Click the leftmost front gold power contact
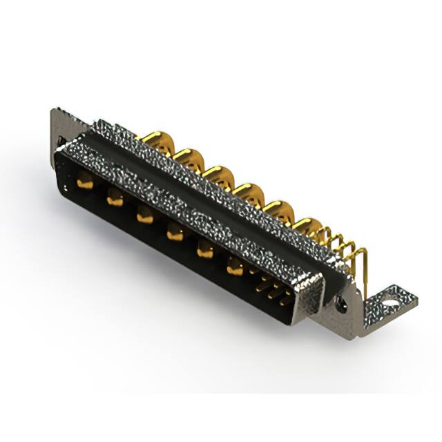(x=86, y=183)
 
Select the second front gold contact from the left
(x=115, y=199)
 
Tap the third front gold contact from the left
(x=144, y=216)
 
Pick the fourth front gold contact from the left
(x=175, y=233)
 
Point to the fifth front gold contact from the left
(x=205, y=251)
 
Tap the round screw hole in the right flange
(x=340, y=301)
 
